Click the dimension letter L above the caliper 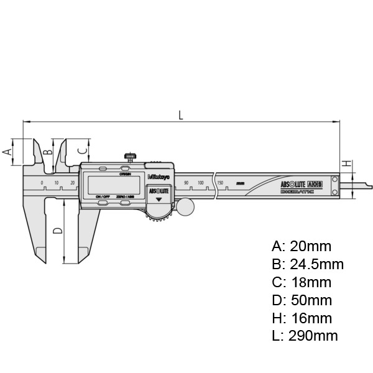coord(180,114)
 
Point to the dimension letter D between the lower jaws coord(57,231)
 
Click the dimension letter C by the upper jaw coord(81,150)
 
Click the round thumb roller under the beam coord(184,206)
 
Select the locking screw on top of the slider coord(130,156)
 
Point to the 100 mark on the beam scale coord(201,182)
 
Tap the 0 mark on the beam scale coord(42,182)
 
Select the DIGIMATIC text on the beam coord(297,193)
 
